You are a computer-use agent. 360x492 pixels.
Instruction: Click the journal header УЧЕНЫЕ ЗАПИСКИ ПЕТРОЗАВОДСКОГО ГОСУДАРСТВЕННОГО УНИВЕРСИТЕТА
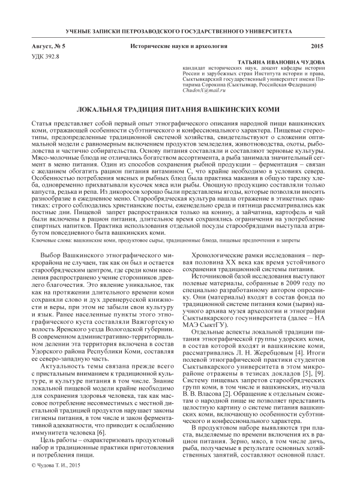click(x=179, y=29)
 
